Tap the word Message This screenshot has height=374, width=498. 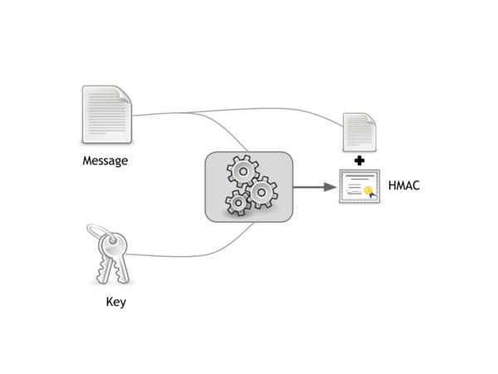105,160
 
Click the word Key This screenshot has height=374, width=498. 116,303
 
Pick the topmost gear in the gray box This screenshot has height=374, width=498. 242,171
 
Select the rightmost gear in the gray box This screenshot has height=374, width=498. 263,194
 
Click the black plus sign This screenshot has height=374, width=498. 359,160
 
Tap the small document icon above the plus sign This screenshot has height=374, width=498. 359,131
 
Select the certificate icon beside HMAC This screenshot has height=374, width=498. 359,187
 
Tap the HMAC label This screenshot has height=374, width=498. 404,185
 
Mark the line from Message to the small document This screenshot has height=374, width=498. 249,109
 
